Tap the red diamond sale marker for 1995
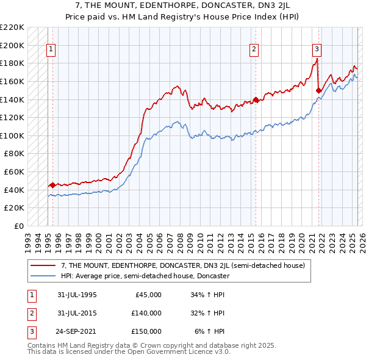52,185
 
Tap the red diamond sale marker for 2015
256,99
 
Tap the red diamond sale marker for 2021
318,90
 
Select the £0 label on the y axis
19,226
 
